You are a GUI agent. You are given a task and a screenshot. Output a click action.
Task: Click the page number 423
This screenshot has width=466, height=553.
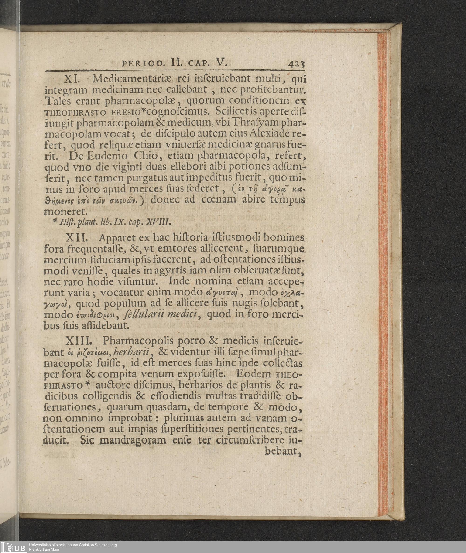click(x=297, y=64)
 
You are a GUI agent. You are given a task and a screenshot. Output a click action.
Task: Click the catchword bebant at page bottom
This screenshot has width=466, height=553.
click(x=283, y=451)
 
